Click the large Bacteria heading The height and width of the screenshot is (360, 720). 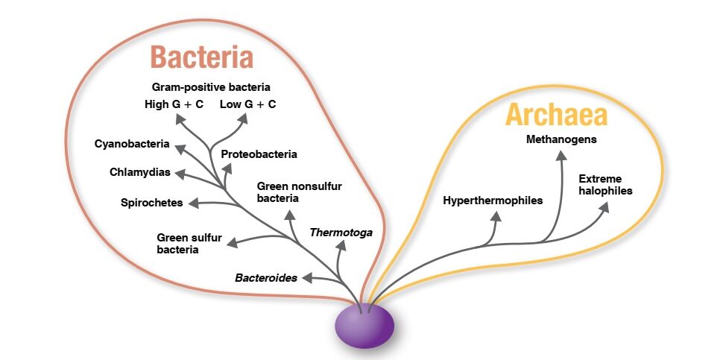(x=201, y=57)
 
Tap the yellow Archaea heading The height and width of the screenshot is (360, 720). (x=556, y=116)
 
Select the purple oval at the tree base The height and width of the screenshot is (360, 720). (x=364, y=326)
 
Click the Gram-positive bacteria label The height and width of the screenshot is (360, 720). (x=211, y=86)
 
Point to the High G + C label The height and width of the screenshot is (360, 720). (x=174, y=104)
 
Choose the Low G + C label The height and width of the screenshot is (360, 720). (x=247, y=104)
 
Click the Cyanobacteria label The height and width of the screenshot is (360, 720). (x=132, y=143)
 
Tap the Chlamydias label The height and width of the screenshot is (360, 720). (x=140, y=172)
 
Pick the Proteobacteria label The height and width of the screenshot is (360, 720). (x=259, y=154)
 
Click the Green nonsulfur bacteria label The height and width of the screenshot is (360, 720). (x=299, y=192)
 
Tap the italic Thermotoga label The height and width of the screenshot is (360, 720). (x=341, y=233)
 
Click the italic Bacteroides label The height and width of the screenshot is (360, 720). (x=266, y=278)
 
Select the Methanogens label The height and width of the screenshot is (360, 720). (x=561, y=139)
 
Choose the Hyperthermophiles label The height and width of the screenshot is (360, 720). (x=493, y=200)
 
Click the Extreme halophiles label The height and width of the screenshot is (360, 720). (x=605, y=185)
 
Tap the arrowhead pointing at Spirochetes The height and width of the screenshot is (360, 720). (x=192, y=202)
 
